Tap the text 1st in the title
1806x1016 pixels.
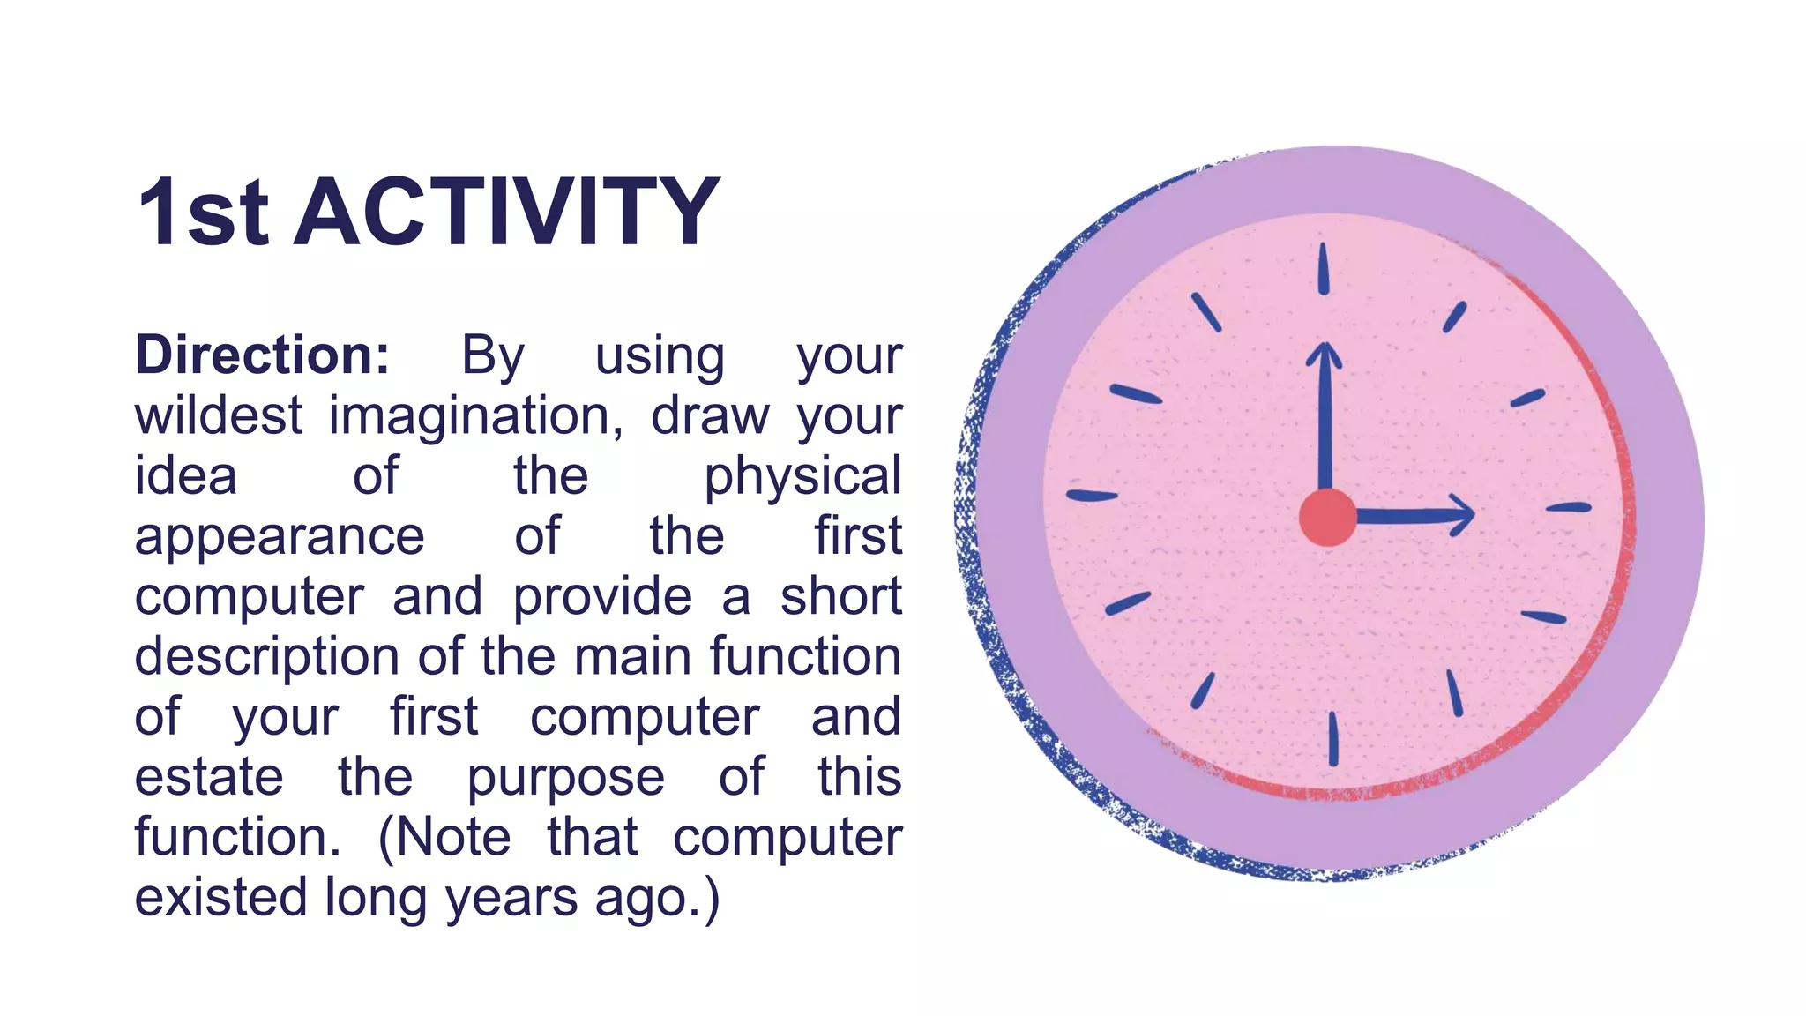tap(203, 213)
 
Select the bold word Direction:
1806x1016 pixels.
tap(262, 355)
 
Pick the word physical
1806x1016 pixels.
tap(802, 477)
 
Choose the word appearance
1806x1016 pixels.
tap(280, 537)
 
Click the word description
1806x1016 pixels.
tap(267, 658)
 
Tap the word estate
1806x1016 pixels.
tap(209, 777)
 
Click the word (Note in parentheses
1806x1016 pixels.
tap(444, 837)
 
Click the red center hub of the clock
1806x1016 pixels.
tap(1328, 517)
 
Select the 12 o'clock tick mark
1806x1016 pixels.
tap(1323, 268)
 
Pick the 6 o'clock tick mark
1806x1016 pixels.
tap(1333, 739)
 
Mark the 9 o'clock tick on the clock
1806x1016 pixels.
tap(1092, 496)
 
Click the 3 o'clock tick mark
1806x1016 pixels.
tap(1569, 507)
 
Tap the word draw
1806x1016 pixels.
tap(710, 415)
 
